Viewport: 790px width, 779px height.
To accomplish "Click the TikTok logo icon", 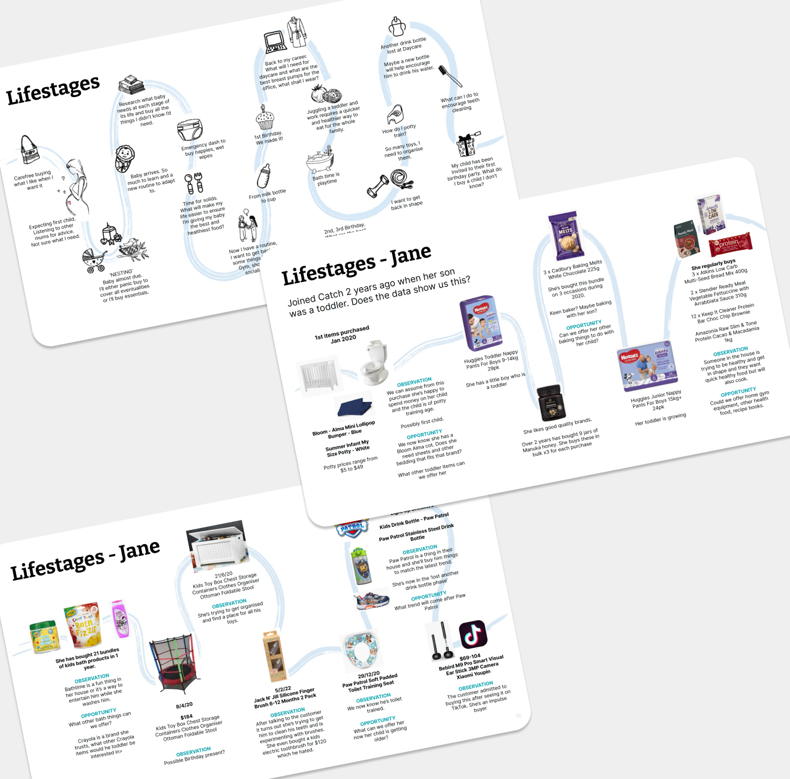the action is [473, 634].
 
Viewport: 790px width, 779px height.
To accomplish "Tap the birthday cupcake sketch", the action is [265, 117].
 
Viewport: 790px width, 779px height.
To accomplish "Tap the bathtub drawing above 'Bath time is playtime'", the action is [321, 161].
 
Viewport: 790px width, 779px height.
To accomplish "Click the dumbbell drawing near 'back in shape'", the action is [378, 186].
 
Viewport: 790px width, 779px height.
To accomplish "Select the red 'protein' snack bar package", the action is [730, 244].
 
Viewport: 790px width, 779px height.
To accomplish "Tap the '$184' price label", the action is [186, 717].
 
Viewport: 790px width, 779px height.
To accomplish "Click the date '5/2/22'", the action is [283, 689].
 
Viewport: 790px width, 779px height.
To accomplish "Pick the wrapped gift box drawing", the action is [466, 145].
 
